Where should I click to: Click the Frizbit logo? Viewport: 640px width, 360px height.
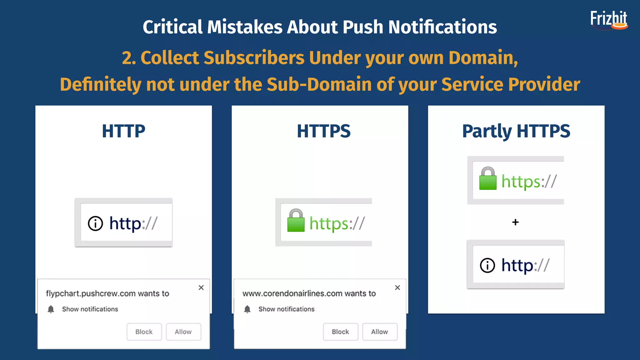(x=609, y=20)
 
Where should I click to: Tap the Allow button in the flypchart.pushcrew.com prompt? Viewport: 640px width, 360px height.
(x=183, y=332)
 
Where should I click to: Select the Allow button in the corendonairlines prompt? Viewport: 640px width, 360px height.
(x=379, y=332)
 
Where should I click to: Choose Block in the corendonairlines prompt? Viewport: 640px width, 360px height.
(x=340, y=332)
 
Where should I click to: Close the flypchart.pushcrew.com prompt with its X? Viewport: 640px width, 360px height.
(x=201, y=287)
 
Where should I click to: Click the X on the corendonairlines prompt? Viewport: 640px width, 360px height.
(x=397, y=287)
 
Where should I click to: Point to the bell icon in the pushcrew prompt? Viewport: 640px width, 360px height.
(x=51, y=309)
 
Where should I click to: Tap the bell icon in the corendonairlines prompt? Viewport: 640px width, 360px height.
(x=247, y=309)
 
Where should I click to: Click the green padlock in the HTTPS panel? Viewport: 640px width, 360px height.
(x=296, y=221)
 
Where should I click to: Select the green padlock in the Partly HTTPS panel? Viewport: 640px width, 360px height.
(x=488, y=179)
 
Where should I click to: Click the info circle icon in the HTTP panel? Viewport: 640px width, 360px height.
(x=95, y=223)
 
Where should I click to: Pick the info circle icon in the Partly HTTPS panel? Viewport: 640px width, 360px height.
(x=487, y=266)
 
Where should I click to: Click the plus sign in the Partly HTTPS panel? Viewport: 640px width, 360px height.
(x=516, y=222)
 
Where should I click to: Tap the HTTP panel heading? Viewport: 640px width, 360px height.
(x=123, y=131)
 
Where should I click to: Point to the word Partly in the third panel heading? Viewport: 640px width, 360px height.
(x=487, y=132)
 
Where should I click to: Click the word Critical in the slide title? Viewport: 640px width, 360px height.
(x=172, y=27)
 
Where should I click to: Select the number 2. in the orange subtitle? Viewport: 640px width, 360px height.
(x=129, y=58)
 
